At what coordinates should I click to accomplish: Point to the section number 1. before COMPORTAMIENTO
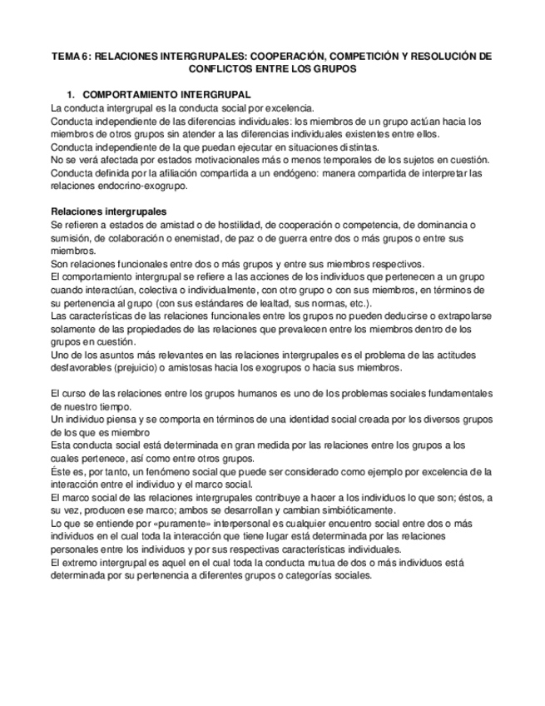(x=72, y=95)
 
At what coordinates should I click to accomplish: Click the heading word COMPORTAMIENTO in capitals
(x=137, y=95)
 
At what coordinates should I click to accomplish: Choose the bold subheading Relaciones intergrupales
(x=108, y=211)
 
